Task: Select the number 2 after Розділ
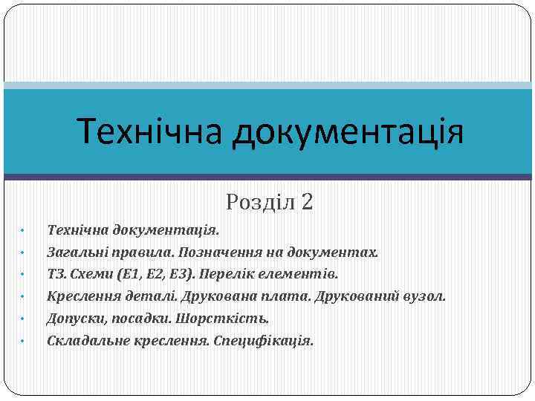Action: (x=308, y=201)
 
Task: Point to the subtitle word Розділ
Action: (x=261, y=201)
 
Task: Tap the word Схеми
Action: (x=93, y=274)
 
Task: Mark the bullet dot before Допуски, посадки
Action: (x=24, y=319)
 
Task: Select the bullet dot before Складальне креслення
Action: (x=24, y=342)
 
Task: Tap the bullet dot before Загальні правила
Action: (x=24, y=252)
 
